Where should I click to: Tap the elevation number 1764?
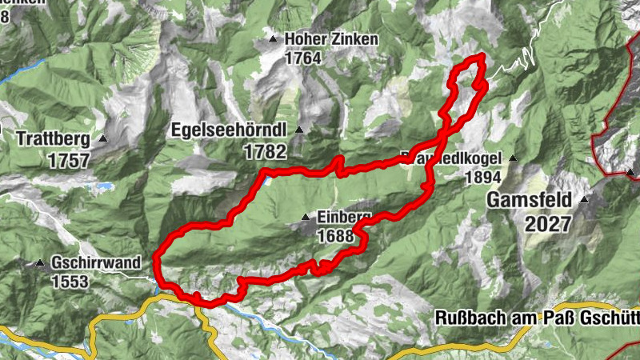pos(302,58)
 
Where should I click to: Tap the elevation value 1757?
pos(68,160)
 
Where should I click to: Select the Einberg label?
pos(344,218)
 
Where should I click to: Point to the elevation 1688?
pos(335,236)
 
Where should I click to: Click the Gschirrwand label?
pos(101,262)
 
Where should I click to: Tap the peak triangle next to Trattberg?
pos(103,138)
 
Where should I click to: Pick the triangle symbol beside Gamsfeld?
pos(585,200)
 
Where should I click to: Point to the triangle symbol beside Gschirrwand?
pos(40,262)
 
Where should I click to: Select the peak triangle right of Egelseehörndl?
pos(299,130)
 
